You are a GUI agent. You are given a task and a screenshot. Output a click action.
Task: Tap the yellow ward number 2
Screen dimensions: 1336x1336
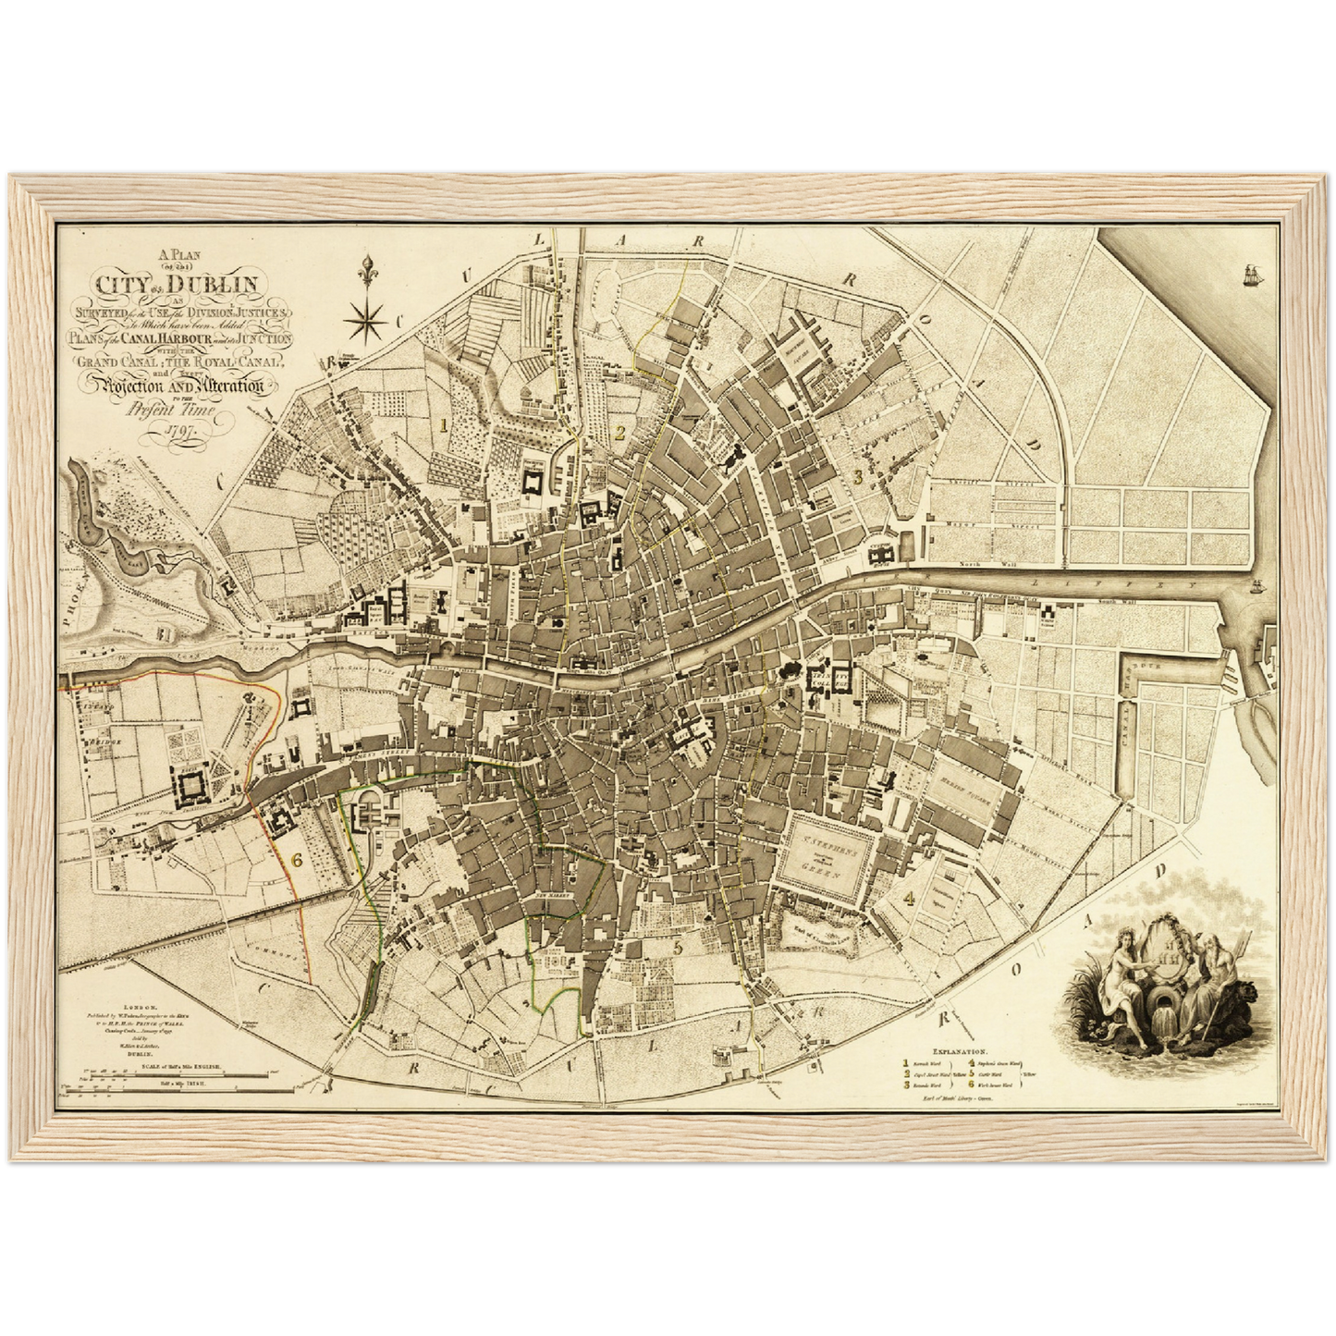[619, 431]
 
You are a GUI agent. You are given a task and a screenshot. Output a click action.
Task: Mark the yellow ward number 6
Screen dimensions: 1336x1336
[297, 859]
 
